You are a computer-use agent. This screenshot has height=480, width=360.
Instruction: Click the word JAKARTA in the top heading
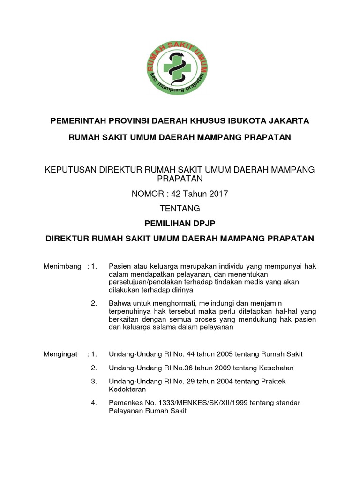tap(289, 121)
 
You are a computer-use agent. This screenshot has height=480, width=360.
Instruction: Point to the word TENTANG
tap(180, 208)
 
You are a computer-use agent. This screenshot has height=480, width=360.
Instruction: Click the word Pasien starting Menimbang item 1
tap(119, 266)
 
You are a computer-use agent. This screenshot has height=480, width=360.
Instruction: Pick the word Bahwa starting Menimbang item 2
tap(119, 303)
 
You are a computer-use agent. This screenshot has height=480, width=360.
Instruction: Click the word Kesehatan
tap(276, 368)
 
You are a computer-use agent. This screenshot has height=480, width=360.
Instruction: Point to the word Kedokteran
tap(127, 390)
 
